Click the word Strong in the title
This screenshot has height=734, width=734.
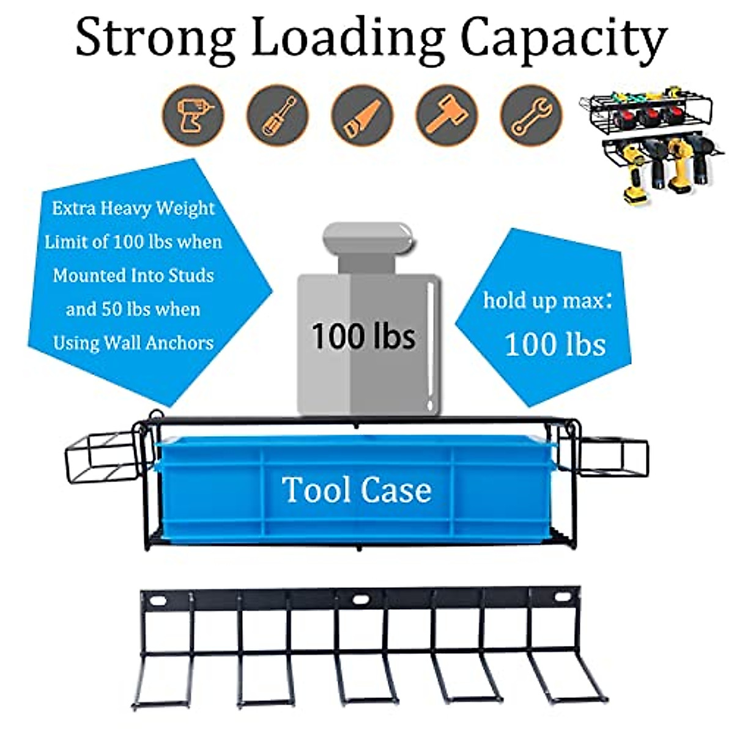click(x=155, y=38)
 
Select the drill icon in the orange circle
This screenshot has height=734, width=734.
click(x=193, y=116)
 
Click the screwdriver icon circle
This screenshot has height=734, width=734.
click(x=278, y=116)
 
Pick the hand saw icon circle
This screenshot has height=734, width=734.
click(x=362, y=116)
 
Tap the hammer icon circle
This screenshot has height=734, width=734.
click(x=447, y=116)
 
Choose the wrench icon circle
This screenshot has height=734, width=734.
click(x=531, y=116)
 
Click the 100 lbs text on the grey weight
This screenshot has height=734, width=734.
click(x=363, y=336)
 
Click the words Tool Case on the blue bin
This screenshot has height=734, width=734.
click(x=357, y=491)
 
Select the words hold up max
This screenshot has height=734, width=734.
click(x=547, y=300)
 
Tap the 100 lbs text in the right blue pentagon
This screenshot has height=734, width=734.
click(x=555, y=344)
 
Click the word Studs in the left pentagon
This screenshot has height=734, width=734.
click(x=191, y=275)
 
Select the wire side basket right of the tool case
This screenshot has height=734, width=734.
click(x=612, y=456)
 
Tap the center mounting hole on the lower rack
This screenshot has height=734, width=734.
click(x=361, y=599)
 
